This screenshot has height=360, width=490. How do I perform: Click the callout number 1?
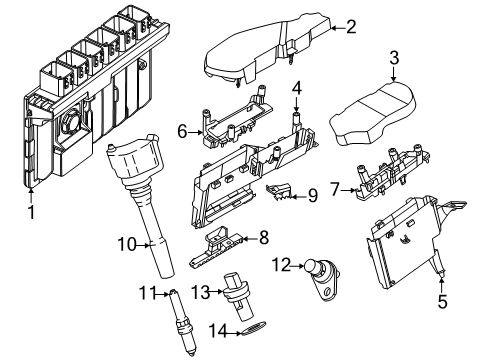tap(30, 211)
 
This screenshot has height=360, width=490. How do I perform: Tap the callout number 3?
tap(394, 57)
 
